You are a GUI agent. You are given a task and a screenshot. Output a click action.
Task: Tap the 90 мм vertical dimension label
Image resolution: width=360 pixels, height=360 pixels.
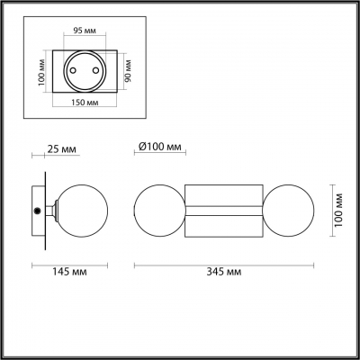click(128, 69)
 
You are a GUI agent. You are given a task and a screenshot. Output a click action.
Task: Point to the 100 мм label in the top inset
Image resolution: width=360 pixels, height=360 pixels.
click(42, 71)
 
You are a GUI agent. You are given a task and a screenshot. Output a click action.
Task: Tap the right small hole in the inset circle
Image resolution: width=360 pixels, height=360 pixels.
click(97, 70)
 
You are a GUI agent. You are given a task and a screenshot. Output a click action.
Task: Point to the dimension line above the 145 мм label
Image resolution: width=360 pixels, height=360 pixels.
click(69, 265)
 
